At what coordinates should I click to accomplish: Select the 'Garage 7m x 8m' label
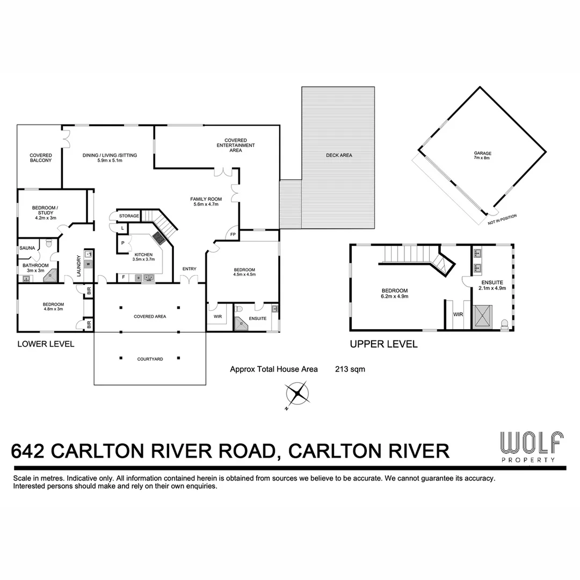pyautogui.click(x=482, y=156)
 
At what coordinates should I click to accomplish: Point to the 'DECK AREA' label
pyautogui.click(x=339, y=155)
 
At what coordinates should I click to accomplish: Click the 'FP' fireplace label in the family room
pyautogui.click(x=233, y=235)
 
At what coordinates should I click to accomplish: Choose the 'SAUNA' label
pyautogui.click(x=27, y=248)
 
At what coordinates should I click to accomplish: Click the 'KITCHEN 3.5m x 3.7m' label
pyautogui.click(x=144, y=257)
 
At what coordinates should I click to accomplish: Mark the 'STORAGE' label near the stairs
pyautogui.click(x=129, y=216)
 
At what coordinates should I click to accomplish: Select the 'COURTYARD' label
pyautogui.click(x=150, y=359)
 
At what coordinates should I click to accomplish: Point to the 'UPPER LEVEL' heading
pyautogui.click(x=383, y=344)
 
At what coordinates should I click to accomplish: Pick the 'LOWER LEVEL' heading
pyautogui.click(x=46, y=344)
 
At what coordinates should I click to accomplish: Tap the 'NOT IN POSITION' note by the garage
pyautogui.click(x=502, y=219)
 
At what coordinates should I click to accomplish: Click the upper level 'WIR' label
pyautogui.click(x=458, y=314)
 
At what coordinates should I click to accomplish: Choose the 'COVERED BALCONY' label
pyautogui.click(x=41, y=158)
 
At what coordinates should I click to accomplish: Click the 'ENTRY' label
pyautogui.click(x=189, y=269)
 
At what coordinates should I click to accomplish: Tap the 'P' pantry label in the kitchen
pyautogui.click(x=124, y=243)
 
